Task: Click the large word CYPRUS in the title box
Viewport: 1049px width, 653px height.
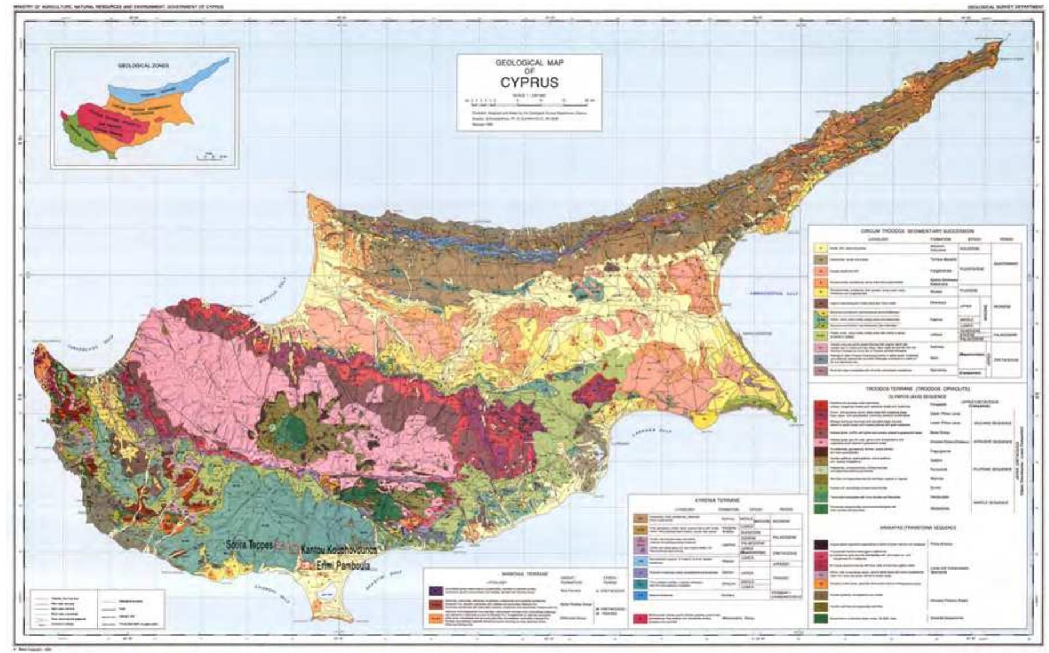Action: pos(529,83)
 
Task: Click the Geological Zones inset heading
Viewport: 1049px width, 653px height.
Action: pos(143,66)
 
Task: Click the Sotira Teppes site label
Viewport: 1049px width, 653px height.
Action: pos(248,545)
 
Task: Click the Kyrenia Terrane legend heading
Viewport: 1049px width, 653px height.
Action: pos(717,500)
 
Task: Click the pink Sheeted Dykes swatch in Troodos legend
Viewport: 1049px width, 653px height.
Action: pos(821,442)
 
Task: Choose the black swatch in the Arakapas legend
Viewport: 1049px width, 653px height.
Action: pos(821,544)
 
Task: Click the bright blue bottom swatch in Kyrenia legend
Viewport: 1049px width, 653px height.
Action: pos(640,596)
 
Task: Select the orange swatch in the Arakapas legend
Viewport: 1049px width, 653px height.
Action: pos(821,584)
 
